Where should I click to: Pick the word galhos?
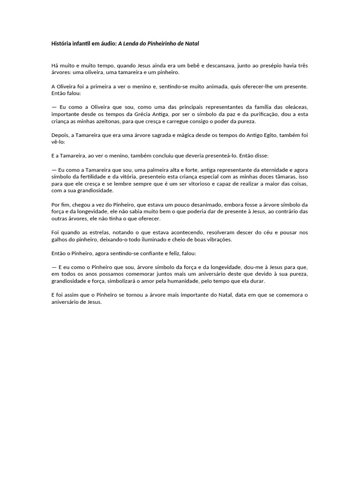click(x=60, y=240)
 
